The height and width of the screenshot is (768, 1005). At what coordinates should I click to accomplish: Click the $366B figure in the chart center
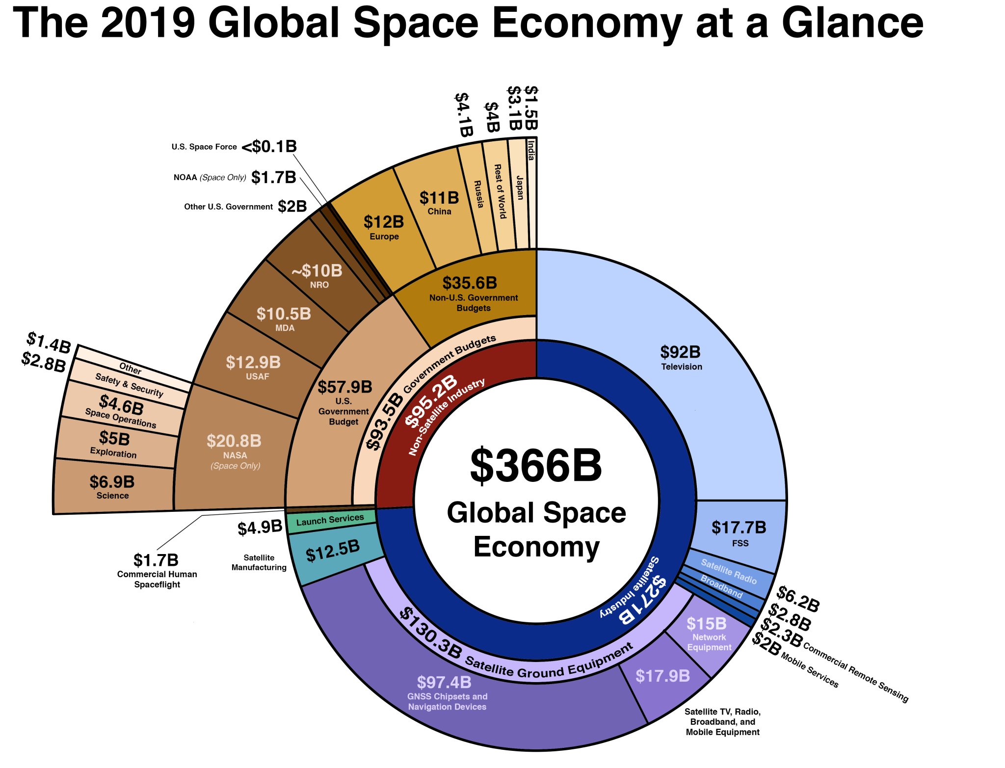pyautogui.click(x=535, y=465)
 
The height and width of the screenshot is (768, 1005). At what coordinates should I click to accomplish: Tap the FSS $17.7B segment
pyautogui.click(x=739, y=533)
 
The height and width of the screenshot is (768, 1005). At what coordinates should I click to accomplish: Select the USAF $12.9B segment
pyautogui.click(x=253, y=367)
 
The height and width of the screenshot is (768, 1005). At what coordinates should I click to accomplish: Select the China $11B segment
pyautogui.click(x=439, y=202)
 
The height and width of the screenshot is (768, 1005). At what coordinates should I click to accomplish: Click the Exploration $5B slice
pyautogui.click(x=114, y=443)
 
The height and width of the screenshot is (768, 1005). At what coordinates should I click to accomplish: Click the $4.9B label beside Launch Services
pyautogui.click(x=260, y=528)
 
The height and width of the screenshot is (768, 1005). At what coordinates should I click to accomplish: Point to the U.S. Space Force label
pyautogui.click(x=204, y=147)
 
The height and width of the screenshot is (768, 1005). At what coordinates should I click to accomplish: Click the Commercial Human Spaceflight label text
pyautogui.click(x=157, y=579)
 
